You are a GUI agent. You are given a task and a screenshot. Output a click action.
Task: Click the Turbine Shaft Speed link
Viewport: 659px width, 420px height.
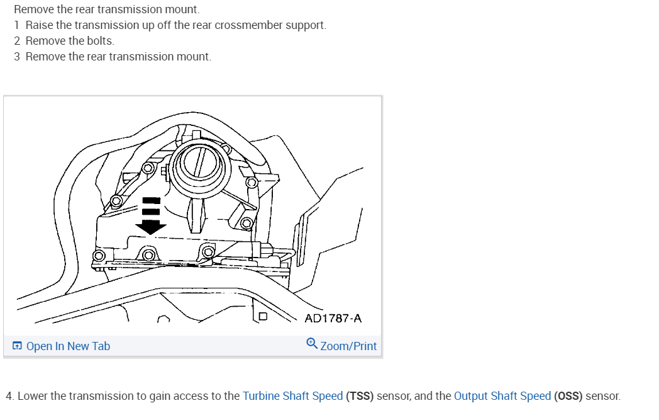pyautogui.click(x=292, y=396)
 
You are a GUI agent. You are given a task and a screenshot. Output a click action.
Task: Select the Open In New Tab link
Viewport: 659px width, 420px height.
pyautogui.click(x=68, y=346)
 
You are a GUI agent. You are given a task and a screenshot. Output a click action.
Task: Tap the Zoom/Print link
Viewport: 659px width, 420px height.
pyautogui.click(x=348, y=346)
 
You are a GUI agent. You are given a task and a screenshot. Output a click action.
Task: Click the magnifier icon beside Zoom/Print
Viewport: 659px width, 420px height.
pyautogui.click(x=312, y=344)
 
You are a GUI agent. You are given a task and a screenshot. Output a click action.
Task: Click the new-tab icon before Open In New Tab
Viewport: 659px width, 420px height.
pyautogui.click(x=18, y=346)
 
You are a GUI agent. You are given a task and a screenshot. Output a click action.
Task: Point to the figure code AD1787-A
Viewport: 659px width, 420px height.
pyautogui.click(x=333, y=318)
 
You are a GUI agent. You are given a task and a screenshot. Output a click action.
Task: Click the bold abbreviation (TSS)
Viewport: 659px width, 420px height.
pyautogui.click(x=360, y=396)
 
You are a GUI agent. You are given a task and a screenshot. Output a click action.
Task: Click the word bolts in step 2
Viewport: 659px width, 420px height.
pyautogui.click(x=100, y=41)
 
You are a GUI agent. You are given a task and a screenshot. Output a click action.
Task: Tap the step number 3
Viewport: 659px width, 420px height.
pyautogui.click(x=18, y=57)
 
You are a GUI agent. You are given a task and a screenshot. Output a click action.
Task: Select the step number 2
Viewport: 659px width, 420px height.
pyautogui.click(x=18, y=41)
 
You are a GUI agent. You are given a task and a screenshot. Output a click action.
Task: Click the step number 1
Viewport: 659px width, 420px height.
pyautogui.click(x=17, y=25)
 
